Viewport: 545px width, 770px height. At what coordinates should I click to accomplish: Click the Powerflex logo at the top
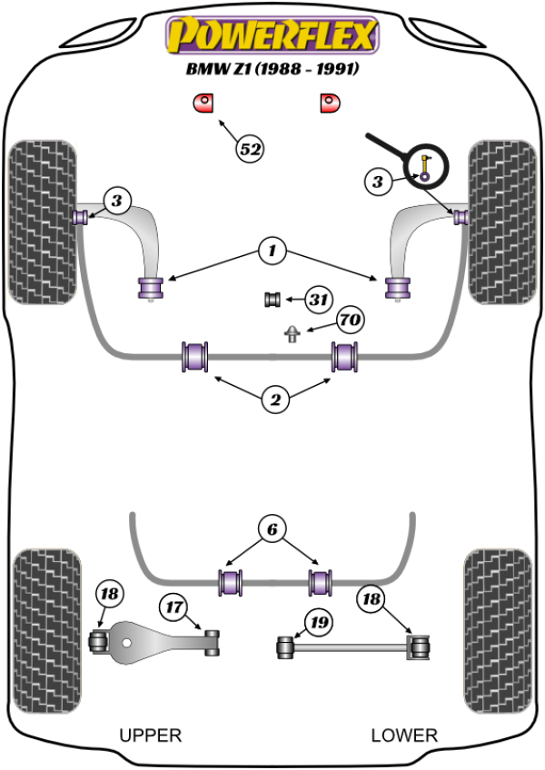point(270,35)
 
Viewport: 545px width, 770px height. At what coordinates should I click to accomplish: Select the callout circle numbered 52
point(250,148)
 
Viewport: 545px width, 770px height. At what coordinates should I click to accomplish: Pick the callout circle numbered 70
point(350,320)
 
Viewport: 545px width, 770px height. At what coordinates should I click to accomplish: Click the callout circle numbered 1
point(271,250)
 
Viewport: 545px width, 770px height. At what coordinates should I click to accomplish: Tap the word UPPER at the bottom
point(151,735)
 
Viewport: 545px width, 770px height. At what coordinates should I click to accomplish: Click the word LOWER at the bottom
point(404,735)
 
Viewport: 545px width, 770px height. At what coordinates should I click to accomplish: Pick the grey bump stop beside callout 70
point(292,333)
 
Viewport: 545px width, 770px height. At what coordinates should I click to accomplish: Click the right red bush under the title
point(328,103)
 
